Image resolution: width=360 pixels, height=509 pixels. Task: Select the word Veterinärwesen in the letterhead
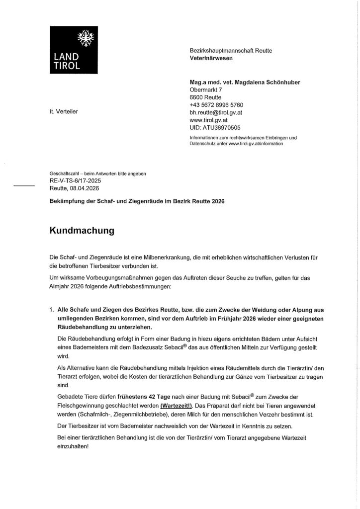(211, 58)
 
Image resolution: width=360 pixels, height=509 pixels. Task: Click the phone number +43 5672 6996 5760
(217, 105)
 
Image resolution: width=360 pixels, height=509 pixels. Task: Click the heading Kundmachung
(82, 231)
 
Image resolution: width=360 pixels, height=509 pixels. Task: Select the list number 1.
(52, 309)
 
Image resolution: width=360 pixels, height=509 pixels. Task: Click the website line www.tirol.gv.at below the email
(209, 120)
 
